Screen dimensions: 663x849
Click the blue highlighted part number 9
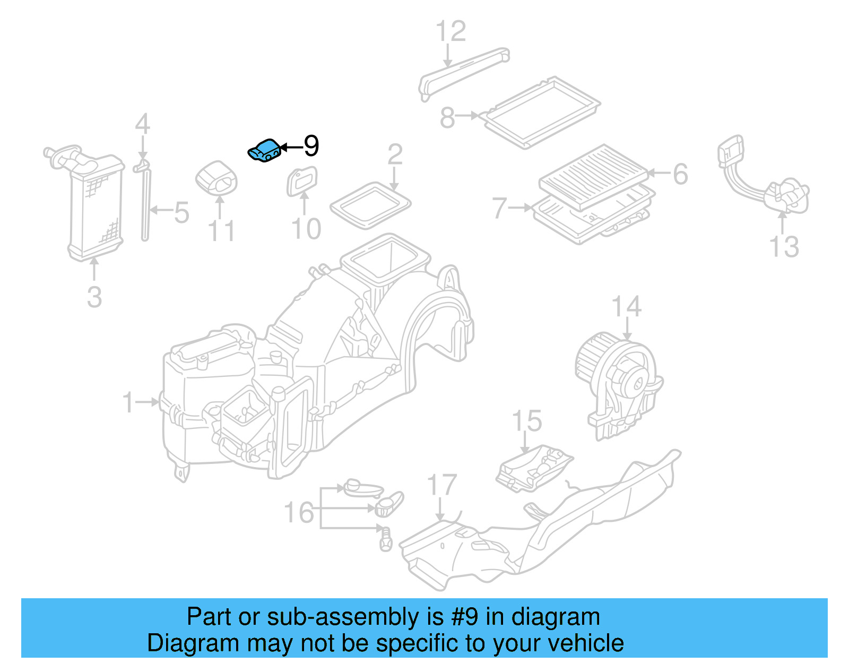click(264, 150)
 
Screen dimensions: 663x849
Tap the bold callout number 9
click(311, 145)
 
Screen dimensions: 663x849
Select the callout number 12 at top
click(451, 32)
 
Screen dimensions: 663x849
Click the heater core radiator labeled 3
click(96, 207)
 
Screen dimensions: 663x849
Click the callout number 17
click(442, 485)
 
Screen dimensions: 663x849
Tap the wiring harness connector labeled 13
click(764, 180)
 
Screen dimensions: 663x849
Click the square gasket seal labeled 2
click(370, 205)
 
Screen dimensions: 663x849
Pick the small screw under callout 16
click(385, 539)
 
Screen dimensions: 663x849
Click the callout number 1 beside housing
click(128, 402)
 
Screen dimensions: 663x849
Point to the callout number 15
click(526, 421)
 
